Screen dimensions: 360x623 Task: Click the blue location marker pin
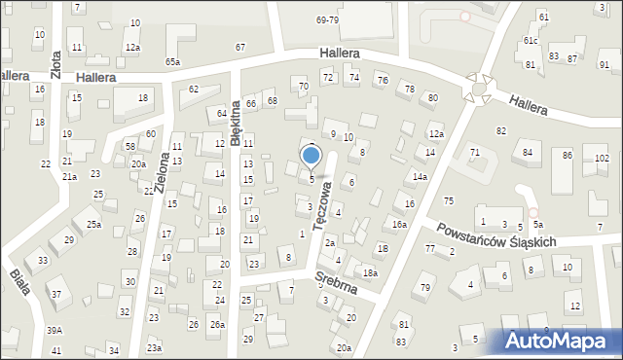311,157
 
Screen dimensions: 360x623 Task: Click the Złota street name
55,59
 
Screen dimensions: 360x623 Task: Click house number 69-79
327,19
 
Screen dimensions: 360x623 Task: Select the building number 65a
172,61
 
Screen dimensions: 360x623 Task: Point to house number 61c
531,41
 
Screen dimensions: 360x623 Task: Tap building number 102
603,158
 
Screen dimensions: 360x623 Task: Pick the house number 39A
55,331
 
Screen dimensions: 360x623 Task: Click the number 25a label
93,225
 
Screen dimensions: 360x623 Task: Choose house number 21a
69,177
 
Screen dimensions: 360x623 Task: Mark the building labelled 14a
420,177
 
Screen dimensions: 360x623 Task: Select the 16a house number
399,225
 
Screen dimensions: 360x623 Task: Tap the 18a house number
369,273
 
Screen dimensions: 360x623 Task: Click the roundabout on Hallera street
478,89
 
